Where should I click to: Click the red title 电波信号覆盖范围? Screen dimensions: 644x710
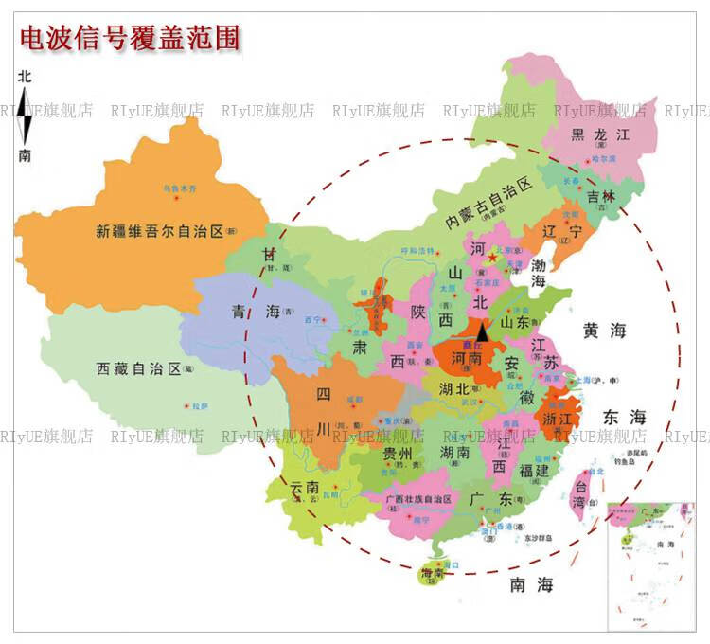pos(130,37)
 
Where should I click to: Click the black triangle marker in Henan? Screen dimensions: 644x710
pos(482,331)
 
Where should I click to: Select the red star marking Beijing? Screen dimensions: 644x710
pos(490,256)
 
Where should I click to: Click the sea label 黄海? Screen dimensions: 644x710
pos(605,331)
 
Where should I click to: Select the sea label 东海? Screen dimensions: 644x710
pos(624,417)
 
